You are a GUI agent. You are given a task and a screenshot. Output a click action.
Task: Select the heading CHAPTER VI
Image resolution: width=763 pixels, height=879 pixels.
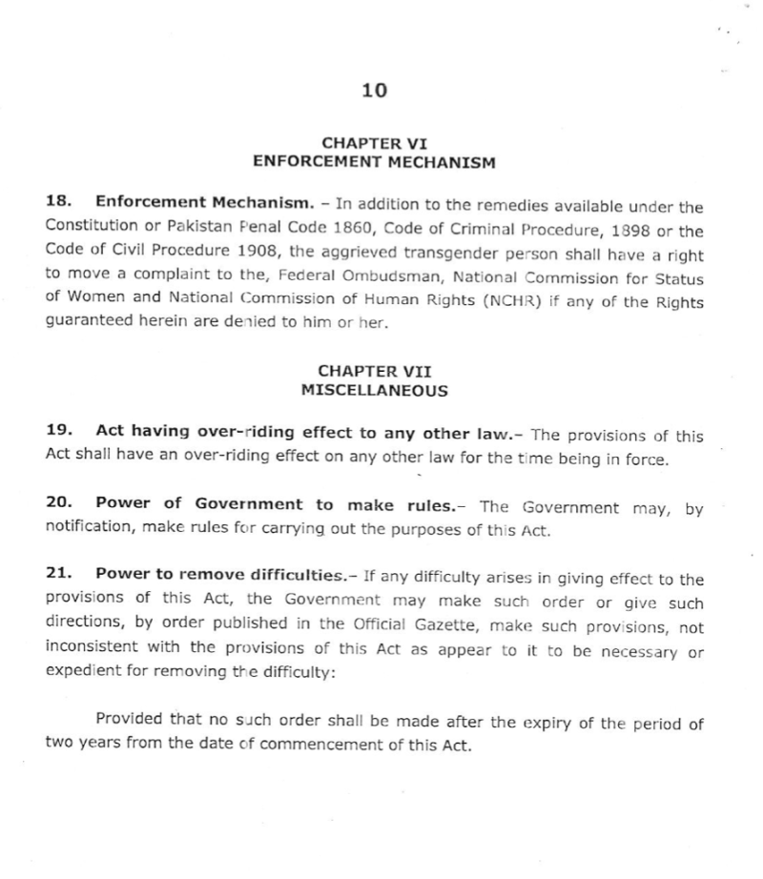coord(375,144)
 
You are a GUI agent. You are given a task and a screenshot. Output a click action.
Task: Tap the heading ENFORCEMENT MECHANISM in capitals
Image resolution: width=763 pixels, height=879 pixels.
coord(374,162)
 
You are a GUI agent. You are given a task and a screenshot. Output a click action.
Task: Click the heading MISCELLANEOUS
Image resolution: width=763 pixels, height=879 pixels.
coord(374,389)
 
